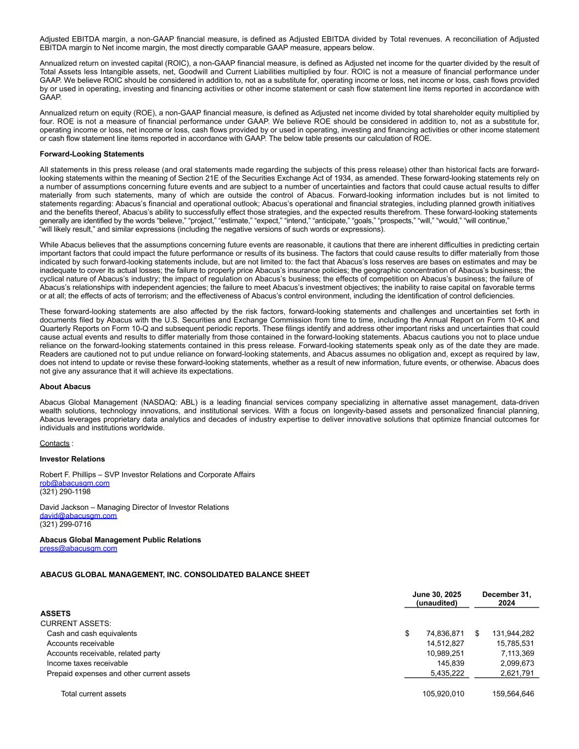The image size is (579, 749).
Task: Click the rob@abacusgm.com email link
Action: click(74, 483)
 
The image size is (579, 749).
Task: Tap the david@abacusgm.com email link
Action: click(78, 516)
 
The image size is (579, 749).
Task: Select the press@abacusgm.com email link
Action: click(78, 548)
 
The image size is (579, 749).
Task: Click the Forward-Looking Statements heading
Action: click(92, 154)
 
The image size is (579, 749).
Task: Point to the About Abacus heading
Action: click(65, 387)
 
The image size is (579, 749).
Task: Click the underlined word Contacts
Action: click(54, 443)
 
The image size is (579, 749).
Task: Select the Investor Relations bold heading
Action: click(72, 459)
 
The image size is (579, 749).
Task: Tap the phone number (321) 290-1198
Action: click(65, 492)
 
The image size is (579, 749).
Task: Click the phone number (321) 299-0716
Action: click(65, 524)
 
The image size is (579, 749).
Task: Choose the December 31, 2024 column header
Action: click(506, 599)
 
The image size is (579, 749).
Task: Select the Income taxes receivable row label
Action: click(87, 663)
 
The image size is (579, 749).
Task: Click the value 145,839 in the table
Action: click(451, 663)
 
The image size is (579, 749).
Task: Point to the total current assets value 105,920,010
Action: click(443, 694)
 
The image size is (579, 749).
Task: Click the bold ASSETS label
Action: click(55, 613)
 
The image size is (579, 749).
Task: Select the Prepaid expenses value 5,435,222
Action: click(447, 673)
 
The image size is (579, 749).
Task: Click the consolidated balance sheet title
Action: click(175, 575)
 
